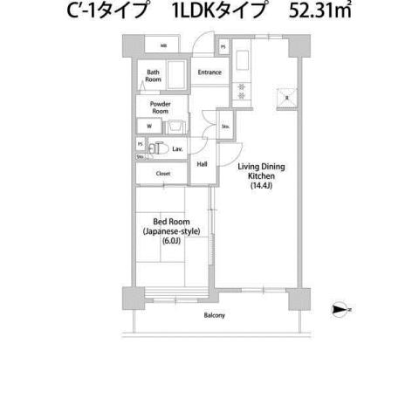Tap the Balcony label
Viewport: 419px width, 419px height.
click(214, 315)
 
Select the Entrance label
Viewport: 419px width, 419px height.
click(209, 72)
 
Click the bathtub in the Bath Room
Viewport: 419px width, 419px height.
click(175, 77)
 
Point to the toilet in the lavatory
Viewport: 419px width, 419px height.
click(158, 149)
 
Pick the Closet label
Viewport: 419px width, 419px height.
click(162, 174)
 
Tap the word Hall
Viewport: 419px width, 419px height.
click(202, 164)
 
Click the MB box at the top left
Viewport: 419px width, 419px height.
click(163, 45)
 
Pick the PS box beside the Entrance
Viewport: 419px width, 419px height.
click(223, 46)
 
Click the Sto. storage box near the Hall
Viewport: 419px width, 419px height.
click(224, 126)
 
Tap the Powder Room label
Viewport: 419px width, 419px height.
click(160, 107)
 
